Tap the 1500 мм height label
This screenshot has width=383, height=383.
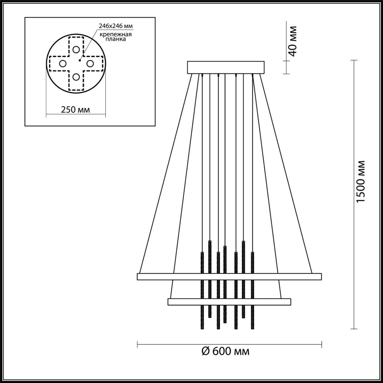coord(361,182)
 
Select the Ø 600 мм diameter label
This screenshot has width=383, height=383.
coord(226,351)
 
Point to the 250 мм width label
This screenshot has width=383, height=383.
coord(75,110)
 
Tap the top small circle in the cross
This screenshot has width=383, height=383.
coord(76,49)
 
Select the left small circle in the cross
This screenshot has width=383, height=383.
coord(63,63)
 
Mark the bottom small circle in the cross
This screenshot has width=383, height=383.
coord(76,77)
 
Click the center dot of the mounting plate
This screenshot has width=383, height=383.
coord(80,60)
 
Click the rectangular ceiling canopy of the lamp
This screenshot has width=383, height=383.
coord(226,68)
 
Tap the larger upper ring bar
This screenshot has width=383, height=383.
coord(229,276)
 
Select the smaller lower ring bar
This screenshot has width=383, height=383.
coord(229,302)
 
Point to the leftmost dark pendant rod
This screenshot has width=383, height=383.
coord(202,290)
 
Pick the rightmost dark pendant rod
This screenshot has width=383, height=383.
coord(253,290)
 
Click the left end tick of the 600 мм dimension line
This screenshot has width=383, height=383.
coord(137,344)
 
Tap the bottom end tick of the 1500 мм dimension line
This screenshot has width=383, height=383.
coord(354,329)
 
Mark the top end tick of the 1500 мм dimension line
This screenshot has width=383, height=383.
coord(354,60)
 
